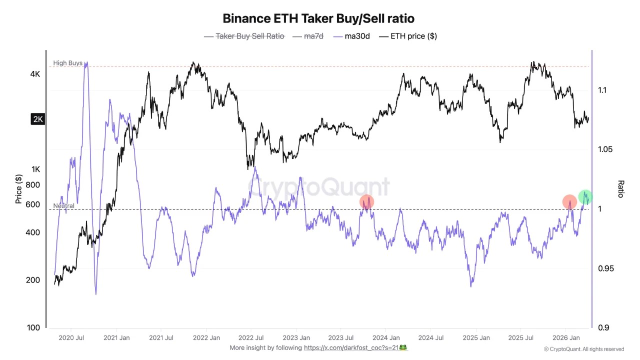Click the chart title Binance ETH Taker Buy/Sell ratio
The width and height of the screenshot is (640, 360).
tap(318, 18)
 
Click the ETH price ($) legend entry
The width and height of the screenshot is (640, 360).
tap(408, 36)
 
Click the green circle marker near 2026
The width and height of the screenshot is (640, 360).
tap(585, 197)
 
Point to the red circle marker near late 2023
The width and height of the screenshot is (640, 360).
tap(367, 202)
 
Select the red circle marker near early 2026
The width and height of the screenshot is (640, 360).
tap(569, 202)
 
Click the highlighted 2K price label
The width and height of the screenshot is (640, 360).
tap(37, 119)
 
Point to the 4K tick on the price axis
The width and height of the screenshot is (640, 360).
tap(35, 74)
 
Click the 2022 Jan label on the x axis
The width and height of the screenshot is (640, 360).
tap(207, 338)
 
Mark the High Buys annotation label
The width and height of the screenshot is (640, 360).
tap(67, 63)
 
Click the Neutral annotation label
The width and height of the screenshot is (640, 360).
tap(63, 205)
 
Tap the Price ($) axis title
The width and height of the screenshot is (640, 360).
tap(18, 189)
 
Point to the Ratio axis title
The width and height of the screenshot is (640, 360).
tap(621, 189)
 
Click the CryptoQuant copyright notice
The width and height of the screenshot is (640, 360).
tap(584, 349)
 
